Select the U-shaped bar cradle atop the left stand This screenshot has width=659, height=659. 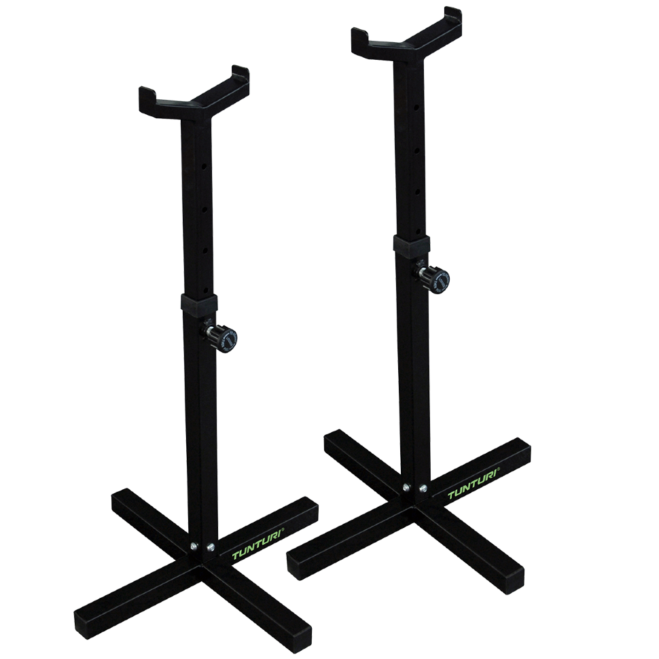[x=194, y=97]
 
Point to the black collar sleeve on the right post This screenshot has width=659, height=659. [x=412, y=244]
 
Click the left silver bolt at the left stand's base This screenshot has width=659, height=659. [x=193, y=546]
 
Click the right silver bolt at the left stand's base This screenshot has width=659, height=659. [x=211, y=547]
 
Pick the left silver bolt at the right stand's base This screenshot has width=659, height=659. [x=406, y=488]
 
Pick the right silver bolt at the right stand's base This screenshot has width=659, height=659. [x=423, y=488]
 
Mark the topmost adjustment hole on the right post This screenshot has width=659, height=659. [x=416, y=107]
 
